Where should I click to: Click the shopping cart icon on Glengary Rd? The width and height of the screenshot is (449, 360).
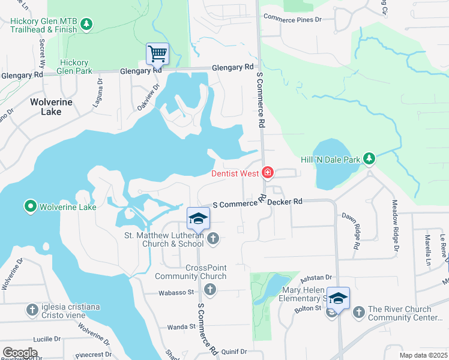157,53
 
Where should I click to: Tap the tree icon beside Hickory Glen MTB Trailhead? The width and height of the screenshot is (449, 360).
88,24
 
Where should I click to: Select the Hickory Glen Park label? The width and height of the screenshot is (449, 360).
75,67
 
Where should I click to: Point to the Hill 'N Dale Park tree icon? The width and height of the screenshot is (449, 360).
369,159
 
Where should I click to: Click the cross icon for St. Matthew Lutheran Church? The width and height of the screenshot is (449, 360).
212,239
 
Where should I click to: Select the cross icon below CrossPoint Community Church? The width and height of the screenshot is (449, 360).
209,290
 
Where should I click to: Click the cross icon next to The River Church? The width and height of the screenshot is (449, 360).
358,312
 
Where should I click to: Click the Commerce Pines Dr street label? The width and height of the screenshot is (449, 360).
292,19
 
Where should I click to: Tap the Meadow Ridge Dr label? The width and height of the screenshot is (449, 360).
395,225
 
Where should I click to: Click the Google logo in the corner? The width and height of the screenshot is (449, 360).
20,353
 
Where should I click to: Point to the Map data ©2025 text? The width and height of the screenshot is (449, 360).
423,355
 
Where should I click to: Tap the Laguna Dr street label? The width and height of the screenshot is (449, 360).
98,91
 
